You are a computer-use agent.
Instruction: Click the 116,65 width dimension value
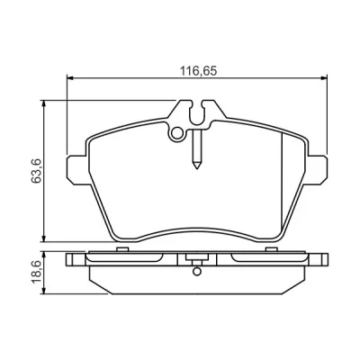click(198, 71)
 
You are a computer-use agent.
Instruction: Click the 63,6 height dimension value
click(36, 171)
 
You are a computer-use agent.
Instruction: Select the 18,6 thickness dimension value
click(36, 273)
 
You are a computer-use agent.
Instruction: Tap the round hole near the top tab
click(177, 133)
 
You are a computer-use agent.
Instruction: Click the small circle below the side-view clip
click(197, 271)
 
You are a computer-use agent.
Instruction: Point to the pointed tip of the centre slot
click(197, 168)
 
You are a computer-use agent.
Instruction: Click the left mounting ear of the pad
click(77, 169)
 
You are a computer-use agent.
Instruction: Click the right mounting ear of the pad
click(317, 169)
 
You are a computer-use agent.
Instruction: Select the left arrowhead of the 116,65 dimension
click(70, 78)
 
